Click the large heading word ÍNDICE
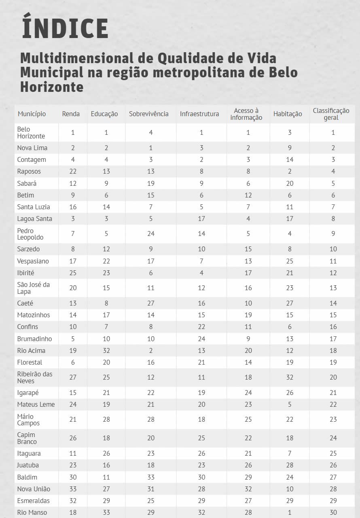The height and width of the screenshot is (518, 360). pos(65,28)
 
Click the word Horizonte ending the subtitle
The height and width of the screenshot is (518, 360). pos(52,87)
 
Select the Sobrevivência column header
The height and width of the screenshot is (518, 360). pos(149,114)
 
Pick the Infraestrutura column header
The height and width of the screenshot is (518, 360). pos(199,114)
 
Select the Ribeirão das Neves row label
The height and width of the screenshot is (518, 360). pos(35,377)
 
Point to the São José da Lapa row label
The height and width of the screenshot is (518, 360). pos(33,288)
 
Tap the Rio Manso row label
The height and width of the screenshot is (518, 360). pos(32,512)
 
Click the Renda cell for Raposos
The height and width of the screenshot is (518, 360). pos(73,172)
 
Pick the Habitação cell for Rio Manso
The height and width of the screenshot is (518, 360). pos(290,512)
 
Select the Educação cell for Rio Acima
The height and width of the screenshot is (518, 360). pos(106,350)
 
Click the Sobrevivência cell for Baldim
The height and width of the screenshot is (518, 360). pos(151,477)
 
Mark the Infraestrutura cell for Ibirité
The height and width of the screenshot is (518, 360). pos(201,273)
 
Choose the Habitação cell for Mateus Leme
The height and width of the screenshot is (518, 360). pos(290,404)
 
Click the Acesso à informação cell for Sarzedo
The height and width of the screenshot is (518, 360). pos(248,249)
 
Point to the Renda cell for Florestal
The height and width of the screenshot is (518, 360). pos(73,362)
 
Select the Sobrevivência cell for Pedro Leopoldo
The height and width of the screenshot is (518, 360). pos(151,234)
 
